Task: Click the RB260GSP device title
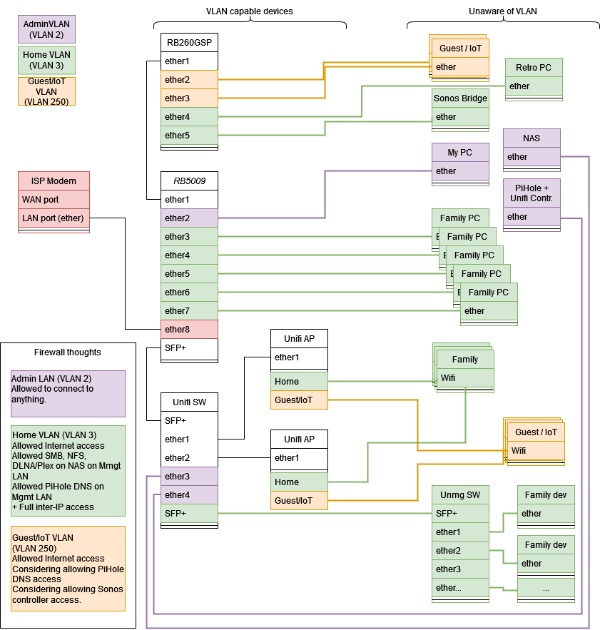pyautogui.click(x=188, y=43)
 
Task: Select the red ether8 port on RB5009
pyautogui.click(x=188, y=329)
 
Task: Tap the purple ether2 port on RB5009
pyautogui.click(x=188, y=218)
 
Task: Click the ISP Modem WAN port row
pyautogui.click(x=54, y=200)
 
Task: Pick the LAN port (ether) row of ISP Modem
pyautogui.click(x=54, y=218)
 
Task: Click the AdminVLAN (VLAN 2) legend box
pyautogui.click(x=46, y=29)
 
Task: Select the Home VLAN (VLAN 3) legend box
pyautogui.click(x=46, y=60)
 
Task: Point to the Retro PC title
pyautogui.click(x=534, y=68)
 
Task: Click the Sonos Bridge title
pyautogui.click(x=460, y=98)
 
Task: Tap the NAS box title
pyautogui.click(x=532, y=138)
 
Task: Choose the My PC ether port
pyautogui.click(x=460, y=171)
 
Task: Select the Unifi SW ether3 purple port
pyautogui.click(x=188, y=476)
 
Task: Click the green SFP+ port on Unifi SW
pyautogui.click(x=188, y=513)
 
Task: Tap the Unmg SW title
pyautogui.click(x=460, y=494)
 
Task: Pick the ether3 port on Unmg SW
pyautogui.click(x=460, y=569)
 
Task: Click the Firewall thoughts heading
pyautogui.click(x=68, y=352)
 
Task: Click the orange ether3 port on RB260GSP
pyautogui.click(x=188, y=98)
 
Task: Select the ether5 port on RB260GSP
pyautogui.click(x=188, y=135)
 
